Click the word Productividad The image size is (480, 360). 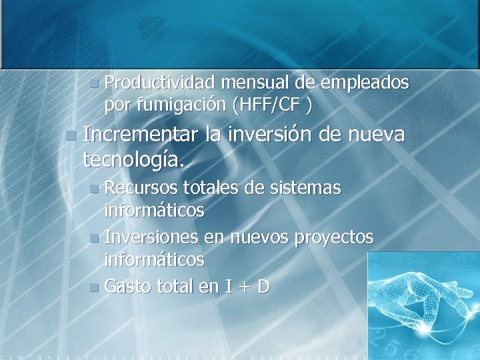(x=159, y=83)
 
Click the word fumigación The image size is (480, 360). (x=180, y=105)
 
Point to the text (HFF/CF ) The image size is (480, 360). (x=272, y=105)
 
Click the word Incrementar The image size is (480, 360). (x=141, y=135)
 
